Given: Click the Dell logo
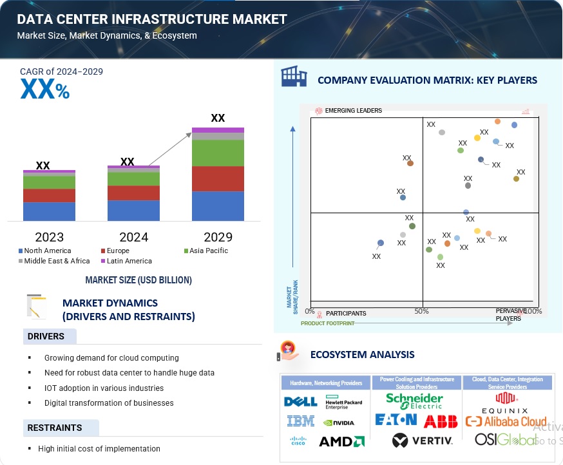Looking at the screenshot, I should tap(300, 402).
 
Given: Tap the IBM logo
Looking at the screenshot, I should tap(300, 421).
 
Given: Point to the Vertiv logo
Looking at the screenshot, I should tap(423, 441).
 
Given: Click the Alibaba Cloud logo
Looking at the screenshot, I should tap(506, 421).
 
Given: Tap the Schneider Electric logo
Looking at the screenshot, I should tap(414, 401).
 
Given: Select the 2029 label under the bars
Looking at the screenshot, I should tap(218, 236).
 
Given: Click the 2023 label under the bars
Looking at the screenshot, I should tap(49, 236).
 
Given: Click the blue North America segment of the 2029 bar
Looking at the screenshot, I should tap(218, 206).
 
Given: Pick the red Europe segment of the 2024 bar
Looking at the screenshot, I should tap(133, 193).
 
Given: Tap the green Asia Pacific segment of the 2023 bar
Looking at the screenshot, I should tap(49, 182).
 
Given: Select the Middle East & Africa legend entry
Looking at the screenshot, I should tap(57, 261).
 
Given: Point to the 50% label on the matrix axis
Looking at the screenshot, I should tap(422, 311).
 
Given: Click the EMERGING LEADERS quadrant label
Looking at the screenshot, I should tap(353, 111).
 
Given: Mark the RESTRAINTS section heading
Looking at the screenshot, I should tap(55, 428).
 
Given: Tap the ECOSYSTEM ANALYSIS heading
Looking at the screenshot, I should tap(362, 354).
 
